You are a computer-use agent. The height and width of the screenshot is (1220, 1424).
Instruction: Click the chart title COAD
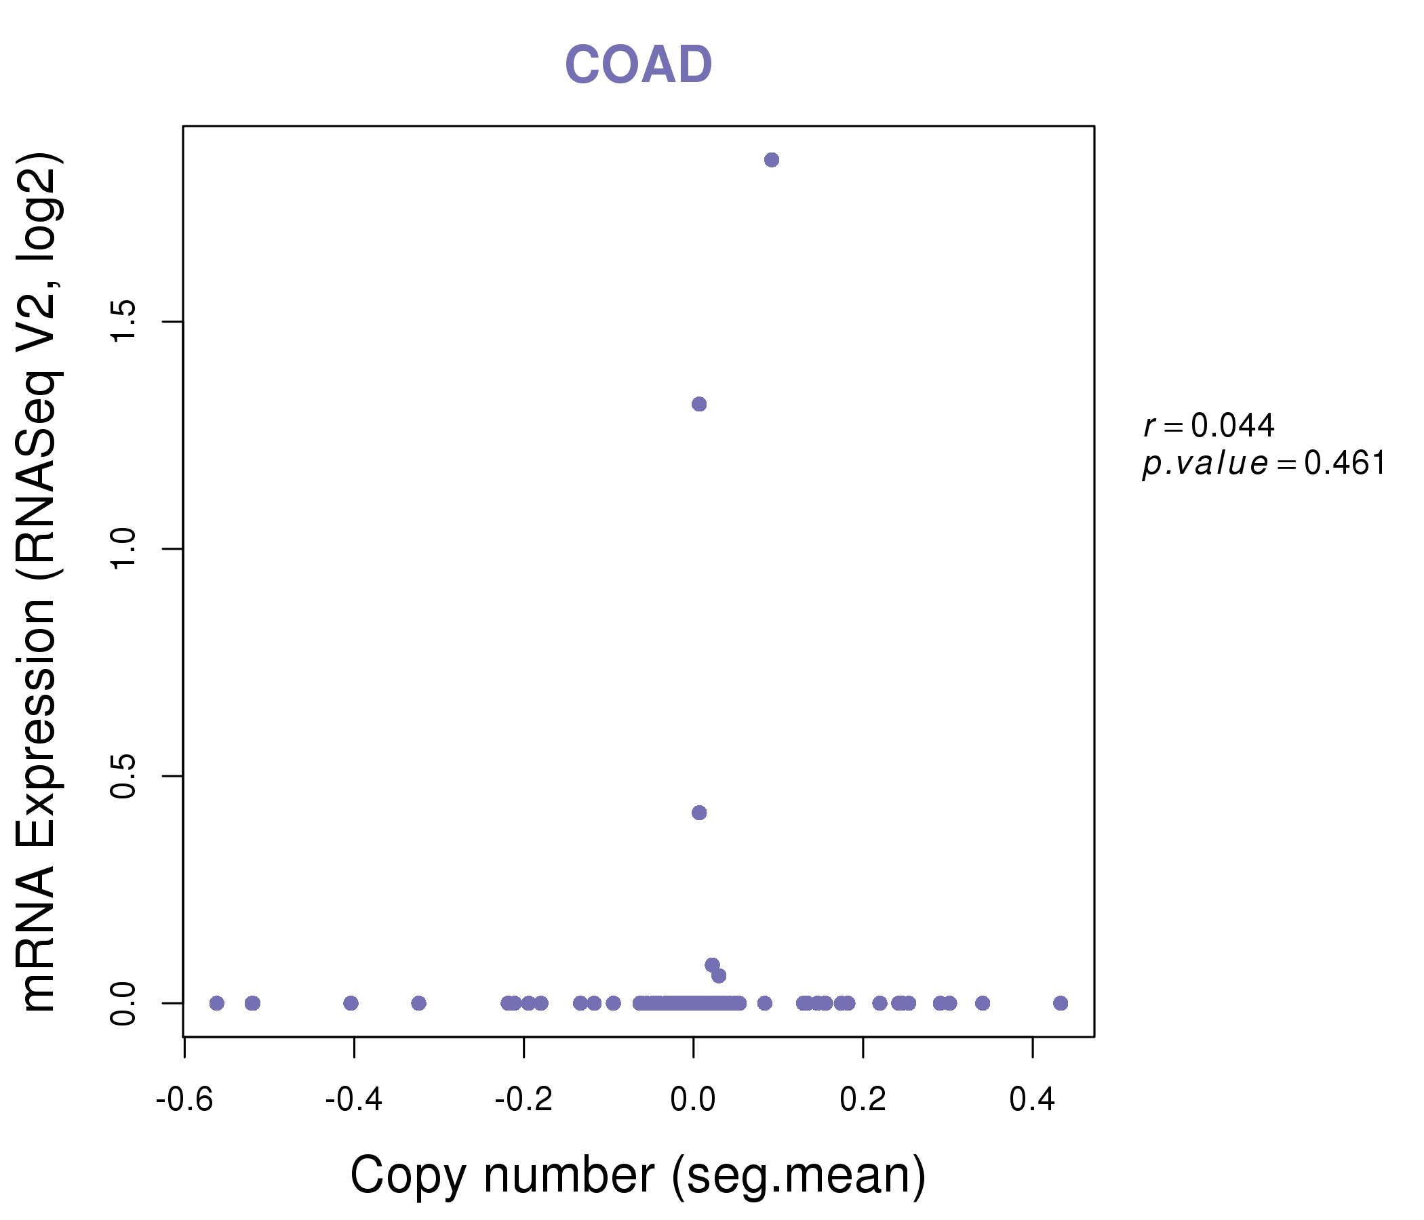[638, 65]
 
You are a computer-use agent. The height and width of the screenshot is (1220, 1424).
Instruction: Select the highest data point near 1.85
[772, 160]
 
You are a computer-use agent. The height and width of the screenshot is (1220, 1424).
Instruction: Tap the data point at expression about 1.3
[699, 404]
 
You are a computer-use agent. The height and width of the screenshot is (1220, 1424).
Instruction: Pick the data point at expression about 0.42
[699, 813]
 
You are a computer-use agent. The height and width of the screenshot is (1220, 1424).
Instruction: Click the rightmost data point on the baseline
[1061, 1003]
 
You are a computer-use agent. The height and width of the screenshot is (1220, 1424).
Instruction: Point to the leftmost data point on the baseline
[216, 1003]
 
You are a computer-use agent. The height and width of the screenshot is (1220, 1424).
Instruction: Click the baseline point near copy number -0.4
[351, 1003]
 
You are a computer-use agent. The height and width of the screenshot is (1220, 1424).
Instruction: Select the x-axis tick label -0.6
[184, 1100]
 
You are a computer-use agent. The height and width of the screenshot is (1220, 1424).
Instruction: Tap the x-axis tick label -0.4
[353, 1100]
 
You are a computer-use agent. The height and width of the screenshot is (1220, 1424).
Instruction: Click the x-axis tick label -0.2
[523, 1100]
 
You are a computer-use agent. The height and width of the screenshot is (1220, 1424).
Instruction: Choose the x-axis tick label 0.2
[863, 1100]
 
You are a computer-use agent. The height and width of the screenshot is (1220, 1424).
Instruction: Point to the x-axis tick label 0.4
[1032, 1100]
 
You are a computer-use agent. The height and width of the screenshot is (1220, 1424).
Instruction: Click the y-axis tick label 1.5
[123, 321]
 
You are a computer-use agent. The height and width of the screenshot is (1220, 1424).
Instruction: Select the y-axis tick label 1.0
[123, 548]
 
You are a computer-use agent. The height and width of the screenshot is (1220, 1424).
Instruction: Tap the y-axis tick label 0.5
[123, 775]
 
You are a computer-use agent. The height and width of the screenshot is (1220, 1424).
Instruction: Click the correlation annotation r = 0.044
[1209, 426]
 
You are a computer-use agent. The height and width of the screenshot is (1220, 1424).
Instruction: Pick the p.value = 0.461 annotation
[1264, 464]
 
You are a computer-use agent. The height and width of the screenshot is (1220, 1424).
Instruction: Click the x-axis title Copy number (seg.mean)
[638, 1175]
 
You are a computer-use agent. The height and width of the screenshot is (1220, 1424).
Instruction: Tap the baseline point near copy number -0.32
[418, 1003]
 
